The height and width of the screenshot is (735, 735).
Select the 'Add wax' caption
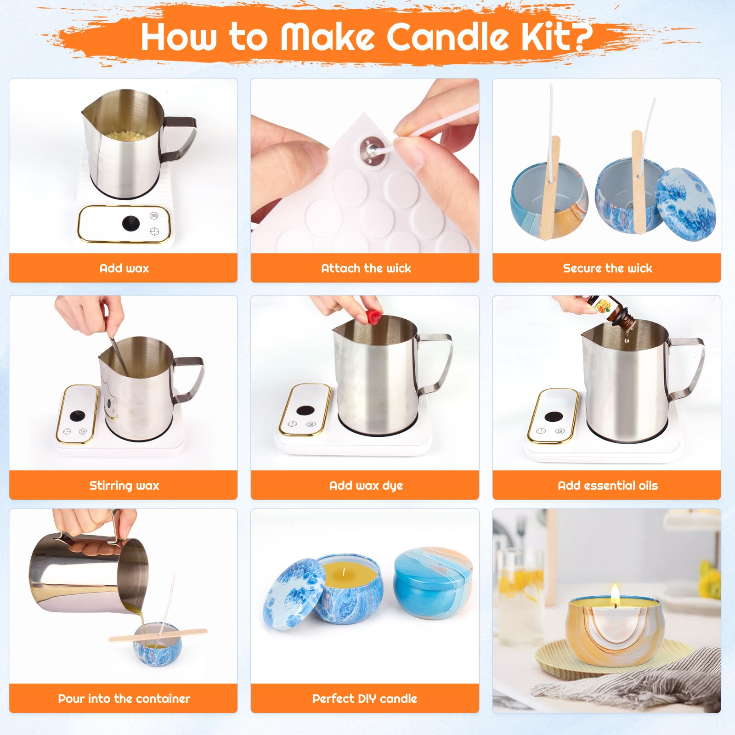(x=124, y=268)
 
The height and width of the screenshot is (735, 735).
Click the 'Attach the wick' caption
(x=366, y=268)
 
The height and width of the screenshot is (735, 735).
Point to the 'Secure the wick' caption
(x=607, y=268)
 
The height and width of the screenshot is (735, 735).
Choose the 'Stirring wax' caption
(x=124, y=486)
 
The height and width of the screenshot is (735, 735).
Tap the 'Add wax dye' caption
(x=366, y=486)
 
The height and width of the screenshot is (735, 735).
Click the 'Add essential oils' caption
(x=607, y=486)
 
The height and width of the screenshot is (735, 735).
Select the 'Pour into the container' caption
(x=124, y=699)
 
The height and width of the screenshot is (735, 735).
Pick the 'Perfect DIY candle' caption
(x=365, y=699)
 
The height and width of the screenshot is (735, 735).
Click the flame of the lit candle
(x=615, y=593)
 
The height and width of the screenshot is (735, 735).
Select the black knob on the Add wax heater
(x=131, y=223)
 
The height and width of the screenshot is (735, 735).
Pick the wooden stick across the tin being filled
(x=158, y=634)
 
